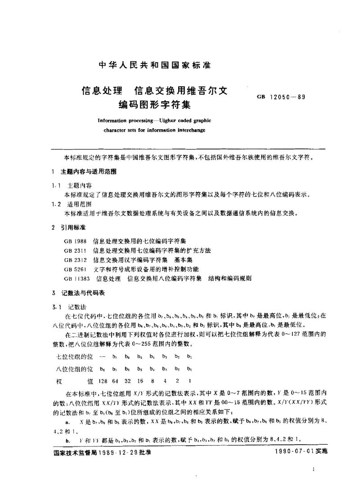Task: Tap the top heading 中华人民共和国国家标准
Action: coord(154,65)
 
